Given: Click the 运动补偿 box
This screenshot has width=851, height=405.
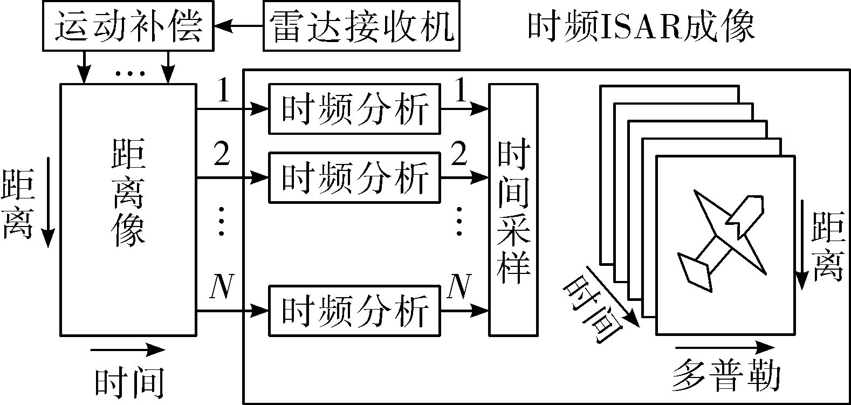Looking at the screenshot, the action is click(128, 25).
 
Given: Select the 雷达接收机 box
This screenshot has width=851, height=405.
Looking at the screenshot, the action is click(361, 25).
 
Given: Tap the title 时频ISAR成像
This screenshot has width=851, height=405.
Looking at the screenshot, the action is click(641, 26).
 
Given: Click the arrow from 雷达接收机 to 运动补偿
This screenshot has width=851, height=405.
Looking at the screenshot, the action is click(238, 26).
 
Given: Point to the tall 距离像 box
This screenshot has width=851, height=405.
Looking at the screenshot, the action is click(128, 210).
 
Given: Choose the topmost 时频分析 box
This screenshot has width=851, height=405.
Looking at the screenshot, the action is click(354, 109).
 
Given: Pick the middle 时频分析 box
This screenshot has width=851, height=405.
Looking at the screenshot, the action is click(354, 177).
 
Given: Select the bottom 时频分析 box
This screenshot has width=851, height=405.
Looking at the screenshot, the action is click(354, 311).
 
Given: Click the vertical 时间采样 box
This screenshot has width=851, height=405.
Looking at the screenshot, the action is click(513, 210).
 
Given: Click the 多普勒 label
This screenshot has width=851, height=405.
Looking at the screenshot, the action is click(726, 376).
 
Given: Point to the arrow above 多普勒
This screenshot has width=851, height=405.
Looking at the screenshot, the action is click(725, 347).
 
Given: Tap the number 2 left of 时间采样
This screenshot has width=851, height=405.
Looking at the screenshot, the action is click(459, 153).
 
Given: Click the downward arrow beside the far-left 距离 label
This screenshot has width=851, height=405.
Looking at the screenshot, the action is click(48, 202).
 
